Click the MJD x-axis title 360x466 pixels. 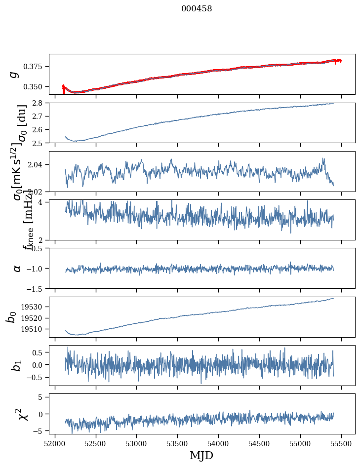pos(201,455)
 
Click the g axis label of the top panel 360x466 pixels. pos(15,74)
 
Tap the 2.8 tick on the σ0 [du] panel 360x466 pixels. pos(40,103)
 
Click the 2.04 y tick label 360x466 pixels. pos(38,165)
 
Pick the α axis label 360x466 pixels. pos(17,268)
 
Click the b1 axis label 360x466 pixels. pos(16,365)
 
